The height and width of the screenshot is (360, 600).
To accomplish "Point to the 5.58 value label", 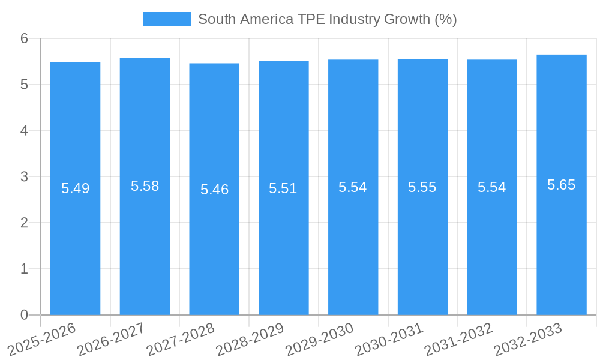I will [145, 186].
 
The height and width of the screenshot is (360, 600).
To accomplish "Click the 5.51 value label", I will [283, 188].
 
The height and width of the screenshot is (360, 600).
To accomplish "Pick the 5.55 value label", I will [422, 187].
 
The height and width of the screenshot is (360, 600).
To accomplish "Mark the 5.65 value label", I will [562, 185].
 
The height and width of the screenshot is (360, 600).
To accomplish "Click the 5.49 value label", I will [76, 188].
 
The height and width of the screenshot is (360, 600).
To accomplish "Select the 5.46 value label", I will [215, 190].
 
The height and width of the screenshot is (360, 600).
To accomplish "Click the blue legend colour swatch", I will [166, 19].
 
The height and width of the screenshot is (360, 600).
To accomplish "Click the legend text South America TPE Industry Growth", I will [327, 19].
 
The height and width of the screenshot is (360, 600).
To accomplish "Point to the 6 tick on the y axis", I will [24, 38].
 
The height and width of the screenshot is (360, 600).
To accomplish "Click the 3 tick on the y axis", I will [24, 177].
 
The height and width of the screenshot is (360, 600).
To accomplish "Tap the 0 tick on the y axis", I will [24, 315].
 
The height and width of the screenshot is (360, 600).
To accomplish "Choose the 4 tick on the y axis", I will [24, 131].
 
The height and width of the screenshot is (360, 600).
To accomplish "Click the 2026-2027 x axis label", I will [112, 339].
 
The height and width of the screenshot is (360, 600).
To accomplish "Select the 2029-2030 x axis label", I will [319, 339].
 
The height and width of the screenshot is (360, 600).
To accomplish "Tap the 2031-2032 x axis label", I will [458, 339].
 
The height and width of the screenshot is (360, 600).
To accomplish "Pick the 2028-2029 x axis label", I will [250, 339].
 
